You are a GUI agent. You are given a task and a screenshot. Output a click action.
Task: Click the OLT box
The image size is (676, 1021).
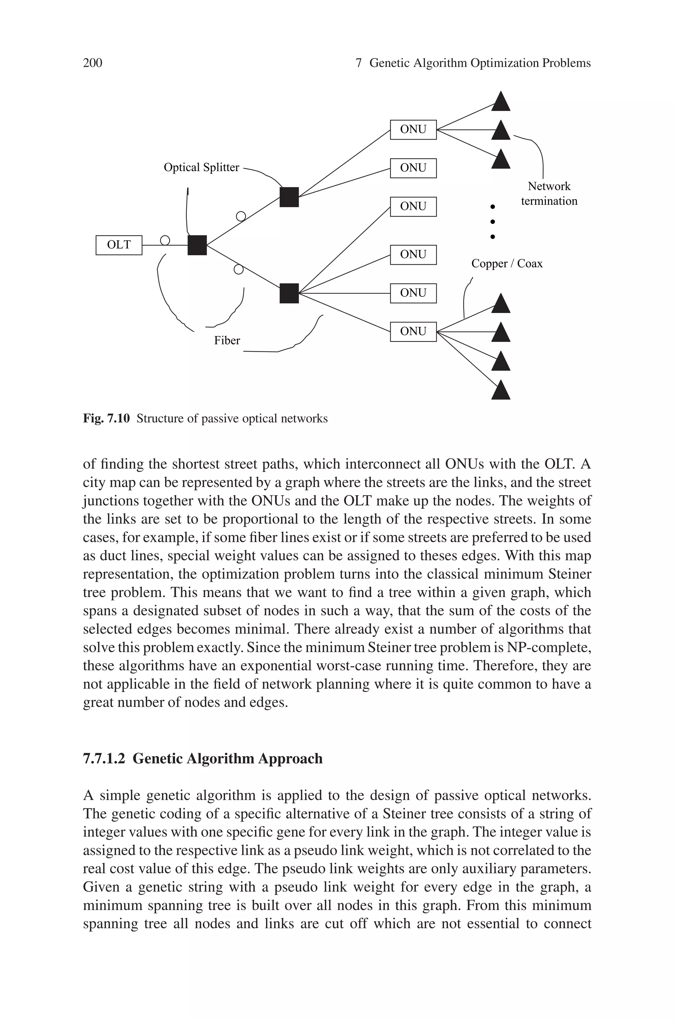(118, 245)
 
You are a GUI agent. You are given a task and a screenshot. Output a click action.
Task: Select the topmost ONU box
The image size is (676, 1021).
(413, 129)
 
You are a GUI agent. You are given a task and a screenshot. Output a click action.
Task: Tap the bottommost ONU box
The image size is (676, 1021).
(413, 332)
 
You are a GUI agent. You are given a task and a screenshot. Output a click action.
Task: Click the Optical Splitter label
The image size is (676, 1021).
(201, 167)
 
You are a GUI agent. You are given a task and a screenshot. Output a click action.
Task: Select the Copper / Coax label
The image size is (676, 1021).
(507, 264)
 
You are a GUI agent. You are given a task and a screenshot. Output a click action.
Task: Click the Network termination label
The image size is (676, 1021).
(549, 194)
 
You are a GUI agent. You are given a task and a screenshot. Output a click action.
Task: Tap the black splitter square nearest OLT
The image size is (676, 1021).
(197, 245)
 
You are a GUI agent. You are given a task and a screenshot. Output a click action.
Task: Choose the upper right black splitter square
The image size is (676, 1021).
(289, 197)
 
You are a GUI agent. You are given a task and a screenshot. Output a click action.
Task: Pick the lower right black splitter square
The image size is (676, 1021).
(289, 293)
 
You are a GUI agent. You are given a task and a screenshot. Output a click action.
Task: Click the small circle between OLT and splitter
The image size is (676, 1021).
(165, 240)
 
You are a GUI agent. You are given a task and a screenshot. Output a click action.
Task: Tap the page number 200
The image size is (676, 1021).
(92, 63)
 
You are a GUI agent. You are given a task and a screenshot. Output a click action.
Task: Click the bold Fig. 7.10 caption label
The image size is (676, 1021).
(106, 419)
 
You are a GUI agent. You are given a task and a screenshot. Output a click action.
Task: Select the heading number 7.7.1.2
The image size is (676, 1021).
(104, 758)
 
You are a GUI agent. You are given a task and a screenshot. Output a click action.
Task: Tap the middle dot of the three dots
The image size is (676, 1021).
(493, 222)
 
